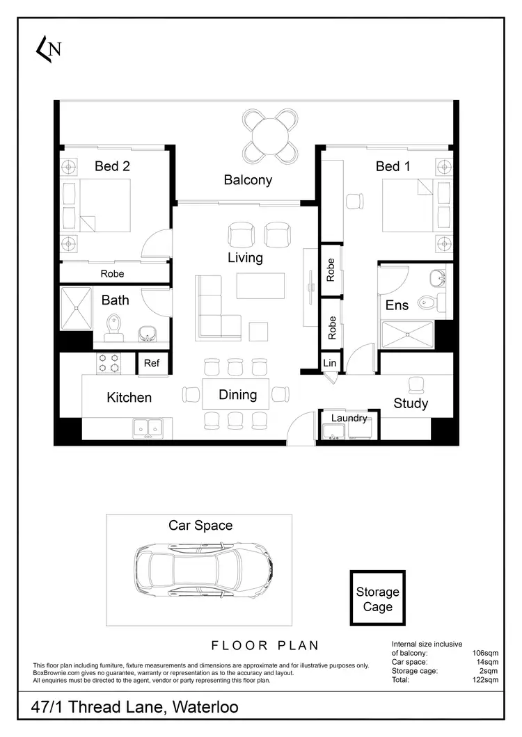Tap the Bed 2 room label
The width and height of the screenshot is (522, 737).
pyautogui.click(x=112, y=166)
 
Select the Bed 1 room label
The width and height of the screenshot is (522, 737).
pyautogui.click(x=393, y=166)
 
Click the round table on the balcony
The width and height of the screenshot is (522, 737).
pyautogui.click(x=271, y=134)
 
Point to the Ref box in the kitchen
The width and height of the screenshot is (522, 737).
pyautogui.click(x=152, y=363)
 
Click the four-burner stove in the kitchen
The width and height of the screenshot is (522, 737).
pyautogui.click(x=109, y=364)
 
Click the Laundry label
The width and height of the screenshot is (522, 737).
pyautogui.click(x=349, y=418)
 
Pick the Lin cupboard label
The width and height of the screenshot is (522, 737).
pyautogui.click(x=330, y=363)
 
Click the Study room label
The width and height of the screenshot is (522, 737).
pyautogui.click(x=411, y=403)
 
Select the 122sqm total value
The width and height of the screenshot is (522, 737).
pyautogui.click(x=484, y=681)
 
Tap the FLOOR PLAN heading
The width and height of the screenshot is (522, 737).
pyautogui.click(x=260, y=645)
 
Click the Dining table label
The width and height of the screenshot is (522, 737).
pyautogui.click(x=238, y=395)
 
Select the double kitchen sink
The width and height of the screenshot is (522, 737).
pyautogui.click(x=148, y=428)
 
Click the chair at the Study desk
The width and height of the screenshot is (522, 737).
pyautogui.click(x=416, y=384)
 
